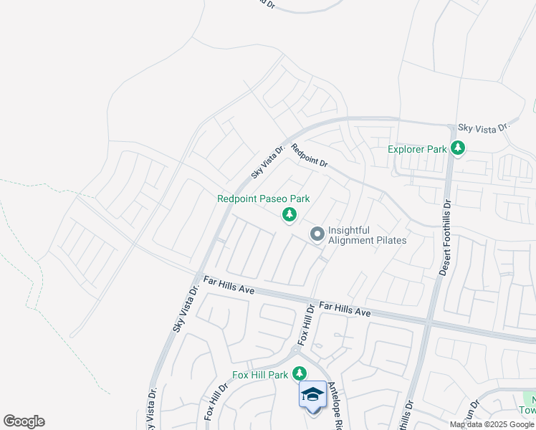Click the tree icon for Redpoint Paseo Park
[289, 214]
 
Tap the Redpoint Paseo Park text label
[264, 199]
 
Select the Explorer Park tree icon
[458, 149]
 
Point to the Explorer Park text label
[417, 150]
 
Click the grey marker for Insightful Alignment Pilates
[317, 234]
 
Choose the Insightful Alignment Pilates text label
[367, 235]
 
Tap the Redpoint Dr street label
[309, 156]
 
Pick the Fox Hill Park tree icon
[300, 374]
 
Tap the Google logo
[24, 421]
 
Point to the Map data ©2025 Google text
[492, 424]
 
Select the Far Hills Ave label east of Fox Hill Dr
[345, 310]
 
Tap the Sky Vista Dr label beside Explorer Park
[483, 127]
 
